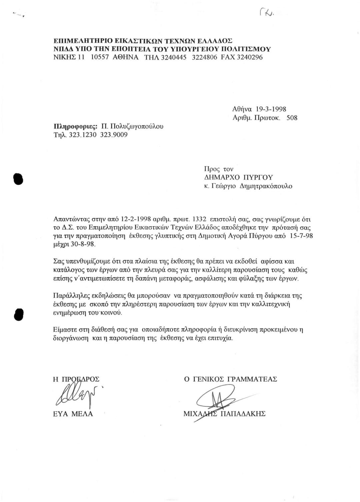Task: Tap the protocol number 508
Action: [x=292, y=118]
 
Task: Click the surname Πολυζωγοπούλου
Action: [x=137, y=126]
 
